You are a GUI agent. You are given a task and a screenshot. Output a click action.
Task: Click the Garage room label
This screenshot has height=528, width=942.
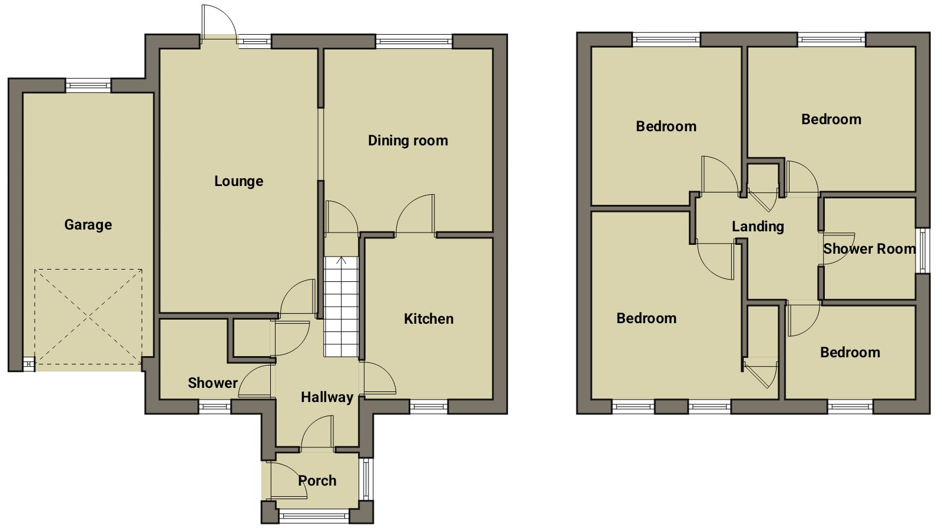pos(88,225)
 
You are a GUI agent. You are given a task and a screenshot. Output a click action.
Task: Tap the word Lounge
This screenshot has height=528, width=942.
pos(239,181)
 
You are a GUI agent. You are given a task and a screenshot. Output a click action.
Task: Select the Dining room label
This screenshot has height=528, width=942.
pos(408,141)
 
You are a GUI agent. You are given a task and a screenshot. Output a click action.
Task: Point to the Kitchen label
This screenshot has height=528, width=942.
pos(429,318)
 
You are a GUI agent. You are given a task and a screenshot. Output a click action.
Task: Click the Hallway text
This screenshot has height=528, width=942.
pos(327,397)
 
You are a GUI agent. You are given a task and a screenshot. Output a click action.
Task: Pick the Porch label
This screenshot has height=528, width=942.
pos(317,480)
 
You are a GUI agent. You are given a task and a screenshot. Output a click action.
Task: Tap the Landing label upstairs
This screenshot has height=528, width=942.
pos(758,227)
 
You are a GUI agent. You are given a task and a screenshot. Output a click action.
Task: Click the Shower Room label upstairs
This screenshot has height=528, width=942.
pos(869,249)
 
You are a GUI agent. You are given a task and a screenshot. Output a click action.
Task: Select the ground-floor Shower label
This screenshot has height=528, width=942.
pos(213,383)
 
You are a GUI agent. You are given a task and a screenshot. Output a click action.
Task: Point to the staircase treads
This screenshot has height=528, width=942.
pos(341,307)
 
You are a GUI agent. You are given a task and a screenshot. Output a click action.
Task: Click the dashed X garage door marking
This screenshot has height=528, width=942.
pos(88,317)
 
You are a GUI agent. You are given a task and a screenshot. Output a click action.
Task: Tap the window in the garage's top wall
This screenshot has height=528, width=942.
pos(88,86)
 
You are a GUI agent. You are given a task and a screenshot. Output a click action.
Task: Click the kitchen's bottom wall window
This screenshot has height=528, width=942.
pos(429,406)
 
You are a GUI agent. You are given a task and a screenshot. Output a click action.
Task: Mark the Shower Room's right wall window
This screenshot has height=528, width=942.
pos(923,250)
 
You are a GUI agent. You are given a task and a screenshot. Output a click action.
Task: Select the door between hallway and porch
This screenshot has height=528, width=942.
pos(317,432)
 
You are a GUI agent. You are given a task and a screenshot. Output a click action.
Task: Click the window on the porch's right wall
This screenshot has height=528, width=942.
pos(366,479)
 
